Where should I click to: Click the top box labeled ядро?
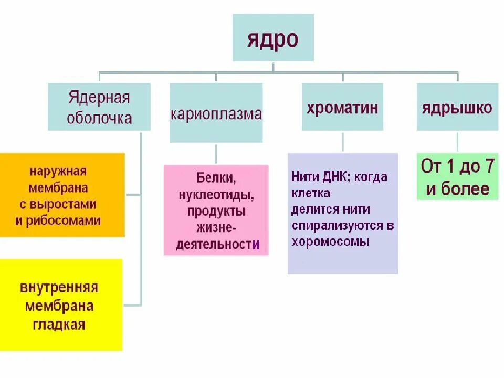(x=273, y=38)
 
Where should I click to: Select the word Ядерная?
(x=99, y=98)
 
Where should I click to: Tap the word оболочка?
(x=99, y=118)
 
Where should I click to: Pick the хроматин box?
(x=342, y=108)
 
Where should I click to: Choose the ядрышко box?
(x=457, y=108)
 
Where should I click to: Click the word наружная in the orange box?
(x=58, y=171)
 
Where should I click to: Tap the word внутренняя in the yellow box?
(x=59, y=288)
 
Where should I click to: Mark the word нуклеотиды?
(x=216, y=195)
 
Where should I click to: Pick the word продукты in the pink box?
(x=216, y=212)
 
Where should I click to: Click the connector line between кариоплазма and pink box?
(x=216, y=153)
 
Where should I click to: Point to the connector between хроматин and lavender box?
(x=342, y=142)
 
